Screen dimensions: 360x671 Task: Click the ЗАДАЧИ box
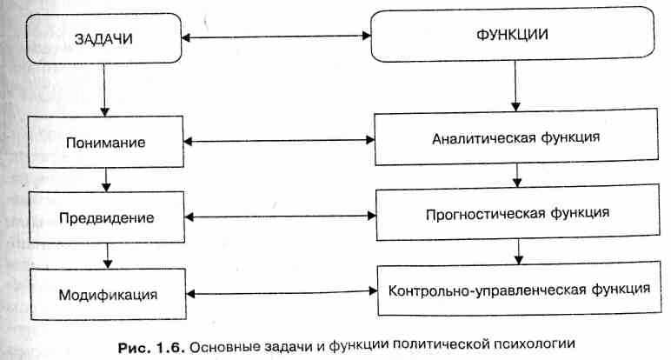click(103, 39)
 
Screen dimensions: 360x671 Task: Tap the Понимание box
click(107, 141)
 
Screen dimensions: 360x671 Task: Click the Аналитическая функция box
click(515, 137)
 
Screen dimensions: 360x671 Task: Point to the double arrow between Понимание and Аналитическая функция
click(281, 140)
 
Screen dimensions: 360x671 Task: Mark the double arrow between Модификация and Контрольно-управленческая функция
click(281, 293)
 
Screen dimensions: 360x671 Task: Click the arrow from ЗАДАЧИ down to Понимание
click(104, 90)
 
